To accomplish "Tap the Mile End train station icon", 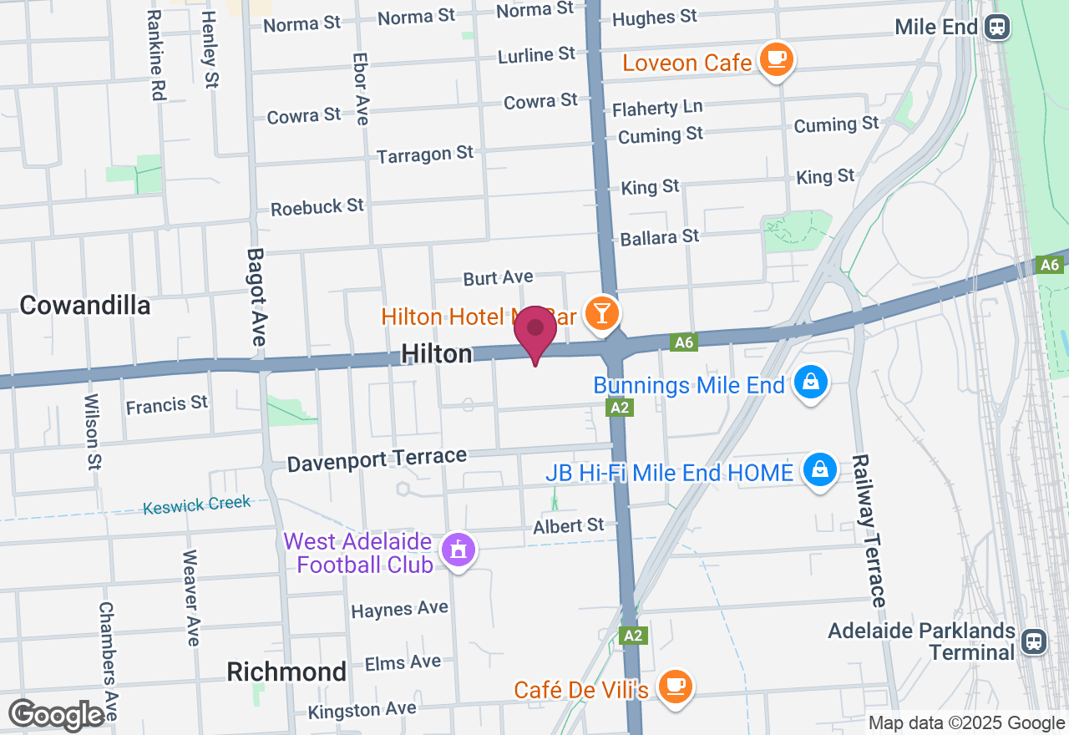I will coord(997,27).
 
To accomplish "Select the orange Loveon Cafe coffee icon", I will coord(777,59).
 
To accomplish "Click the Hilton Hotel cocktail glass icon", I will coord(600,313).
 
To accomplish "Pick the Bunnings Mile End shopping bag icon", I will coord(809,383).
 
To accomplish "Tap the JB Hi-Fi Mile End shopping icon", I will coord(820,470).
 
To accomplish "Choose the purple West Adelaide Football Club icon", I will coord(459,550).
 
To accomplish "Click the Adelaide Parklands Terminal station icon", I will coord(1034,641).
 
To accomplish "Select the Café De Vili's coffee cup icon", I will coord(674,687).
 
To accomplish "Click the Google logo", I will coord(57,715).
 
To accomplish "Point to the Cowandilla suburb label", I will coord(84,306).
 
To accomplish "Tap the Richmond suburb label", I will coord(286,672).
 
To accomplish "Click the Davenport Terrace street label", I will coord(377,459).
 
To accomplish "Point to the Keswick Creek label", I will coord(196,504).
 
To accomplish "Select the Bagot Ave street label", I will coord(256,297).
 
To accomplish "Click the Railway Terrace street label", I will coord(868,530).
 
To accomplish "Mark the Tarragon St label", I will coord(425,155).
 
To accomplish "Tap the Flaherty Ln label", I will coord(657,108).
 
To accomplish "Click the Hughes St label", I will coord(655,18).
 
